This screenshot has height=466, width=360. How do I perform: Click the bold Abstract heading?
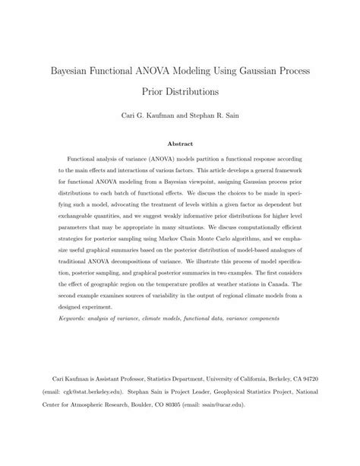(180, 143)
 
